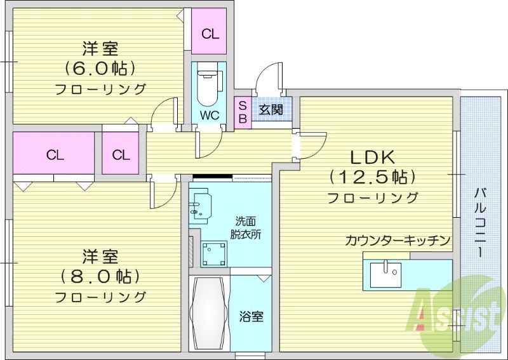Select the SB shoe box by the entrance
point(242,112)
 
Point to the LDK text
point(372,156)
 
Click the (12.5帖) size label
point(372,176)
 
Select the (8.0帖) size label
point(100,276)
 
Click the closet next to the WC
point(210,33)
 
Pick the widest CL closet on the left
point(55,154)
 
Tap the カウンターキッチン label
point(398,241)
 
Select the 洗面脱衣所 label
point(246,227)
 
